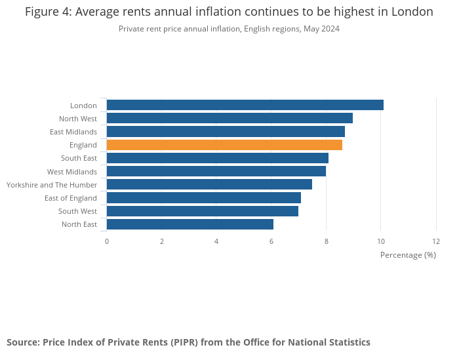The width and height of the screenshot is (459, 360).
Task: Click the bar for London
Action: [245, 105]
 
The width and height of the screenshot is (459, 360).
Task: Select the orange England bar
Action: [224, 145]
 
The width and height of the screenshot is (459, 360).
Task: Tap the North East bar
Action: [190, 224]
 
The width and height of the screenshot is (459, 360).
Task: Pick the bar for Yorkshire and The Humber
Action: [209, 185]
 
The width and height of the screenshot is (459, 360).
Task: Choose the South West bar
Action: [202, 211]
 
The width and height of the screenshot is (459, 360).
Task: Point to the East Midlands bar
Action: [226, 132]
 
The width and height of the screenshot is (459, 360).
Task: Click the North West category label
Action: [77, 119]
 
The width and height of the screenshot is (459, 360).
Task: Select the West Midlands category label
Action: [71, 172]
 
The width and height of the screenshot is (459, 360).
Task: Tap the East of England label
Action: [70, 198]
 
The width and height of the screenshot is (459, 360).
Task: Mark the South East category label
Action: [79, 158]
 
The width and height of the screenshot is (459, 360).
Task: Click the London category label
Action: [83, 106]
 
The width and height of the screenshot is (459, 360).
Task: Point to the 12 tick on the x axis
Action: [436, 241]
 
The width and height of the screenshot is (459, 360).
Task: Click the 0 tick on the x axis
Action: [107, 241]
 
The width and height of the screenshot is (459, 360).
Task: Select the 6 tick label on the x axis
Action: [271, 241]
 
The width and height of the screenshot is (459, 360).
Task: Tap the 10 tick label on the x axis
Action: [381, 241]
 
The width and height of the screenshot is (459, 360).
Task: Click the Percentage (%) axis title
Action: [408, 254]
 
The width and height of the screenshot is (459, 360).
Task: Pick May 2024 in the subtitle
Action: [321, 29]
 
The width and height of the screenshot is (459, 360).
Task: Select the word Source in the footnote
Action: [22, 342]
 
